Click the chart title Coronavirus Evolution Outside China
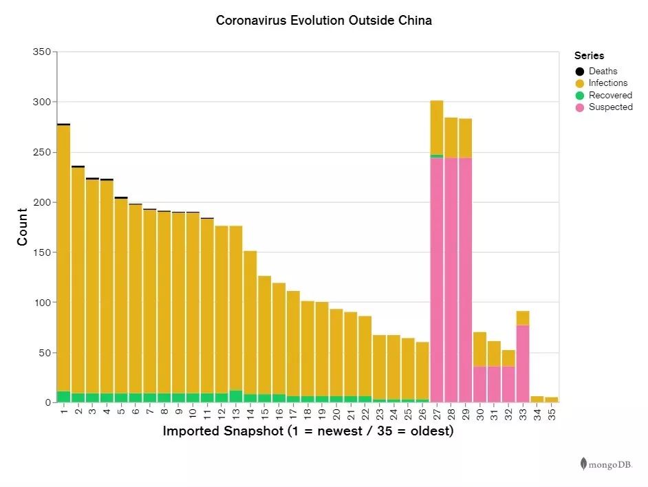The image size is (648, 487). (324, 21)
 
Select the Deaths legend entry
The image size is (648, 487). (603, 72)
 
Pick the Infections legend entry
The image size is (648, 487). (607, 83)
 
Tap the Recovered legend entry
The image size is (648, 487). (609, 95)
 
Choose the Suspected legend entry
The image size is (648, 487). (610, 107)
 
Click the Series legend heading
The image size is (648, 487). (590, 56)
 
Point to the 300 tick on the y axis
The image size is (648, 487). (42, 102)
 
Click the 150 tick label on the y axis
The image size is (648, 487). (42, 252)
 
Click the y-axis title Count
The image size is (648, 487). (23, 227)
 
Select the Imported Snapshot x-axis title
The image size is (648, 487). (307, 432)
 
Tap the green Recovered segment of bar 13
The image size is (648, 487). (236, 396)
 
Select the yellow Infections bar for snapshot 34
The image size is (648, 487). (537, 399)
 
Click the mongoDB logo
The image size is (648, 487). (606, 464)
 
